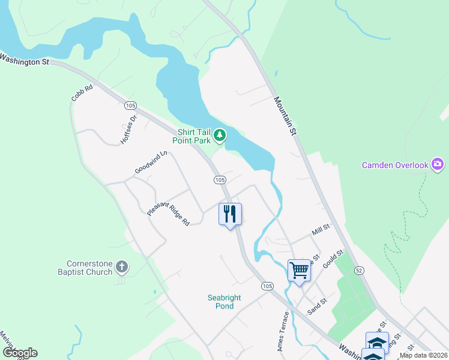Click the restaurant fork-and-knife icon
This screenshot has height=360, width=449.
230,214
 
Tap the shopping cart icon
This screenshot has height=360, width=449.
299,269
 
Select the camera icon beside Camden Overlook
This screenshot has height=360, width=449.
438,164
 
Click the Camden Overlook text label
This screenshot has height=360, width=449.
395,165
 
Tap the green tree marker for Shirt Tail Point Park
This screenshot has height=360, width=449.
220,136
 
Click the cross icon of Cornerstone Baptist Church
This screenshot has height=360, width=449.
121,266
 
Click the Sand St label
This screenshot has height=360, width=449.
316,307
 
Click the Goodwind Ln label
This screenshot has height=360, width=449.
150,162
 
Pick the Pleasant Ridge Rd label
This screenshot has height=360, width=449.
168,213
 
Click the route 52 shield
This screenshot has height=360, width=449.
359,271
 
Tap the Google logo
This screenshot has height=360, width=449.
20,353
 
